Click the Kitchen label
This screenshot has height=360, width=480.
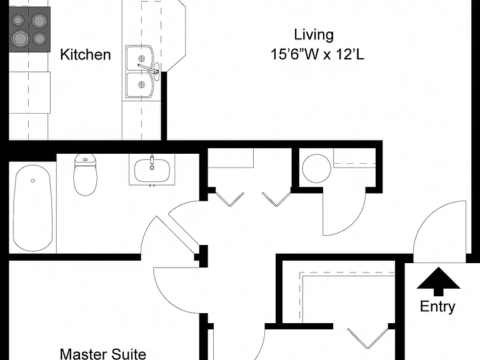click(x=86, y=54)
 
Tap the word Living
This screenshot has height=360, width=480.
click(x=314, y=35)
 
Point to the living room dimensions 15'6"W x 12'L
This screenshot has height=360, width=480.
click(x=317, y=54)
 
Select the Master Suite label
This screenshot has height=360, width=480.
click(x=103, y=354)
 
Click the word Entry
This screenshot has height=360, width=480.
click(x=437, y=307)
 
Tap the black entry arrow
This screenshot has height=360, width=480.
click(x=438, y=282)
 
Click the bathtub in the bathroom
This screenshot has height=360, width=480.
click(x=32, y=208)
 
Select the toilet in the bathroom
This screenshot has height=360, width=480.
click(x=86, y=174)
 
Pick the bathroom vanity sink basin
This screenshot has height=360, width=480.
click(x=152, y=171)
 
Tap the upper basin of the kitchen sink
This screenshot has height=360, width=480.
click(x=139, y=59)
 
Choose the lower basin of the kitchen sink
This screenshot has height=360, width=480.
click(x=139, y=85)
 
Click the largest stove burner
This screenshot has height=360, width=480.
click(x=21, y=39)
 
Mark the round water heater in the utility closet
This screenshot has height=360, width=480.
click(x=316, y=168)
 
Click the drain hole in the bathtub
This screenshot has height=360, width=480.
click(x=32, y=181)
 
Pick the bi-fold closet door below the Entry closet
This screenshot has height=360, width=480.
click(x=368, y=338)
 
